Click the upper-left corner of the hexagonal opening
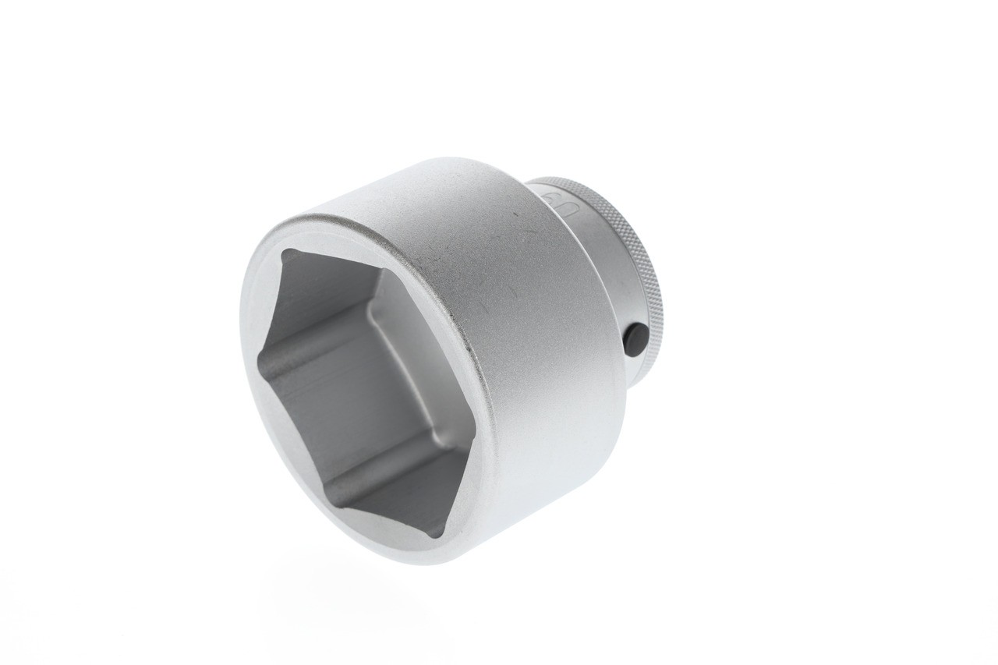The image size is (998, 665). (285, 252)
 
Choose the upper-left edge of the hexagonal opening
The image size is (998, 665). (271, 304)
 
